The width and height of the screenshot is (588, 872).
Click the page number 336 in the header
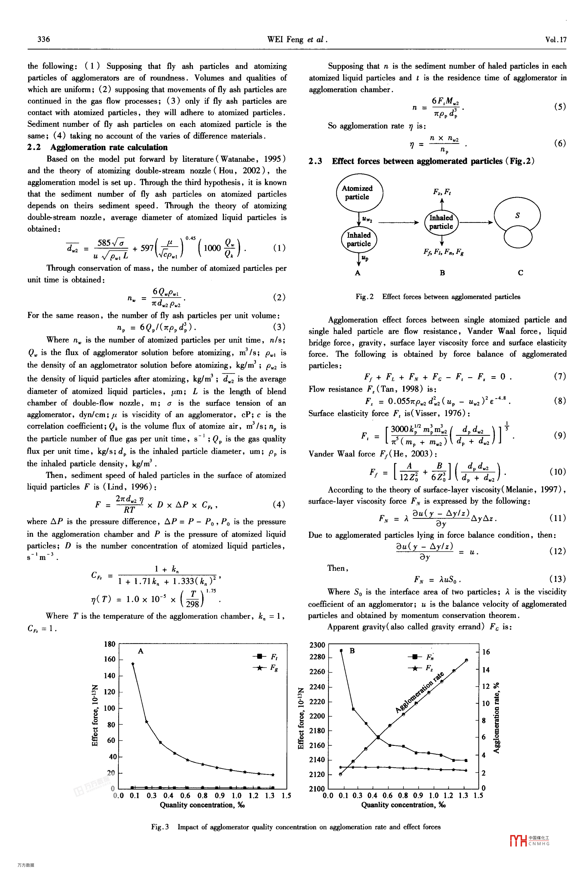point(44,39)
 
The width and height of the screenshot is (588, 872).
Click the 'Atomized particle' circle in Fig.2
point(359,193)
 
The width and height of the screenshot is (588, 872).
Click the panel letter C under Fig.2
point(520,273)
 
